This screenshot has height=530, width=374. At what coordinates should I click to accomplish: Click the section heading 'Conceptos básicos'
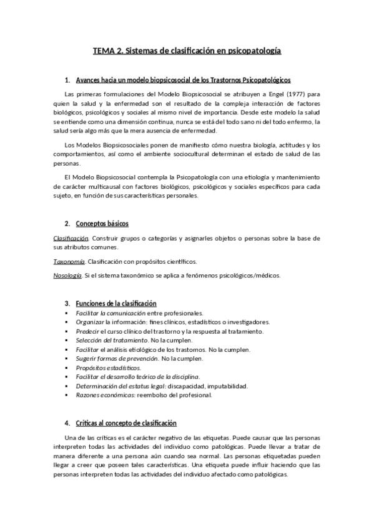click(102, 224)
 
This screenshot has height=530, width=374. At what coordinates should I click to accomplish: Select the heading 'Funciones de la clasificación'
click(116, 302)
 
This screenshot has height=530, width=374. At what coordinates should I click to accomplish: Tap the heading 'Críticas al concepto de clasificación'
click(126, 423)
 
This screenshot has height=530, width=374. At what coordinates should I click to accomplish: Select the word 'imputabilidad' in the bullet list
click(227, 386)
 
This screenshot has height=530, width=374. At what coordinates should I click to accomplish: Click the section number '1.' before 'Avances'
click(67, 81)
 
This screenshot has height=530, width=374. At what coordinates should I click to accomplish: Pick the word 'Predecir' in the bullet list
click(88, 330)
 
